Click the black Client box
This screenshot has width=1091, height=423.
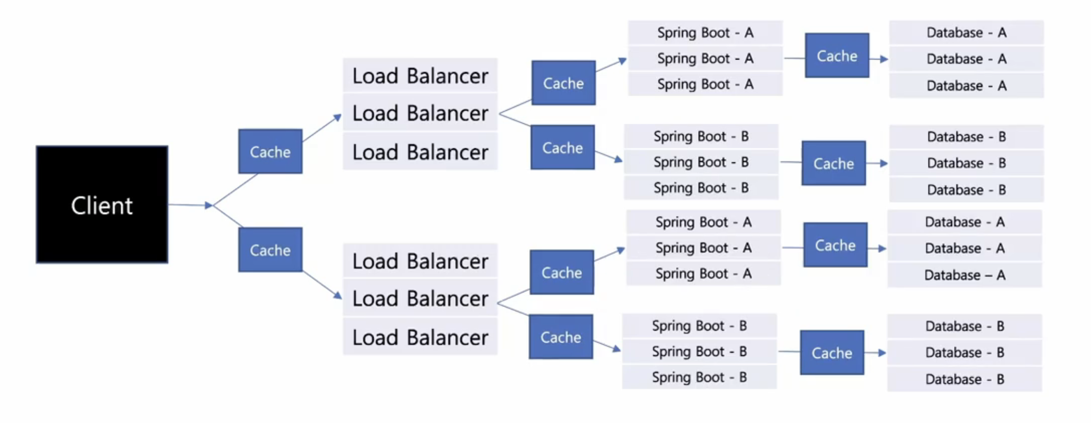point(102,204)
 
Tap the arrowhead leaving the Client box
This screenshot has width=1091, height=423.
point(208,205)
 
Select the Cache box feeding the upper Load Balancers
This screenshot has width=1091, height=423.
point(270,151)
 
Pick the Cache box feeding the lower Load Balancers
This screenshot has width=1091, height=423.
point(270,250)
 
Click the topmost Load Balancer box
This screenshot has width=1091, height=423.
point(420,76)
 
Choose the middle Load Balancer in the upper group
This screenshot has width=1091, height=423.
point(420,113)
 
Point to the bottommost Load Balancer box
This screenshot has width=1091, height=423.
point(420,337)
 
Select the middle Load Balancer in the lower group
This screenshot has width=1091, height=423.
point(420,298)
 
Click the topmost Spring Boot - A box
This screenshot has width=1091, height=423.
point(705,32)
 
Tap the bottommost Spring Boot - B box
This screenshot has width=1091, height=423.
point(699,377)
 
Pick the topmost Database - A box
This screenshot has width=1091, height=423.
point(966,32)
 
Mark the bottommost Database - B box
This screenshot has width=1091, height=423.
point(965,379)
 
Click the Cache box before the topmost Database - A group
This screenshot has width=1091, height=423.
point(837,56)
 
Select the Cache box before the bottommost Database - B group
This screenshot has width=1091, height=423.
point(832,352)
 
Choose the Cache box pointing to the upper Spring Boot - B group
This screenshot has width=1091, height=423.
point(562,147)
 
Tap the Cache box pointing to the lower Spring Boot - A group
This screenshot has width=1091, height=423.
point(562,272)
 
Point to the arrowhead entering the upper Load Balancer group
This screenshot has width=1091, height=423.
point(338,118)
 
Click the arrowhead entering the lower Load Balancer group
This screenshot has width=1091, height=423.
point(338,296)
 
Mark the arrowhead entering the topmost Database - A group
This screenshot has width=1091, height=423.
point(884,59)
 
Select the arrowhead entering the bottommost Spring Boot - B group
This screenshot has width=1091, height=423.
point(617,348)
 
